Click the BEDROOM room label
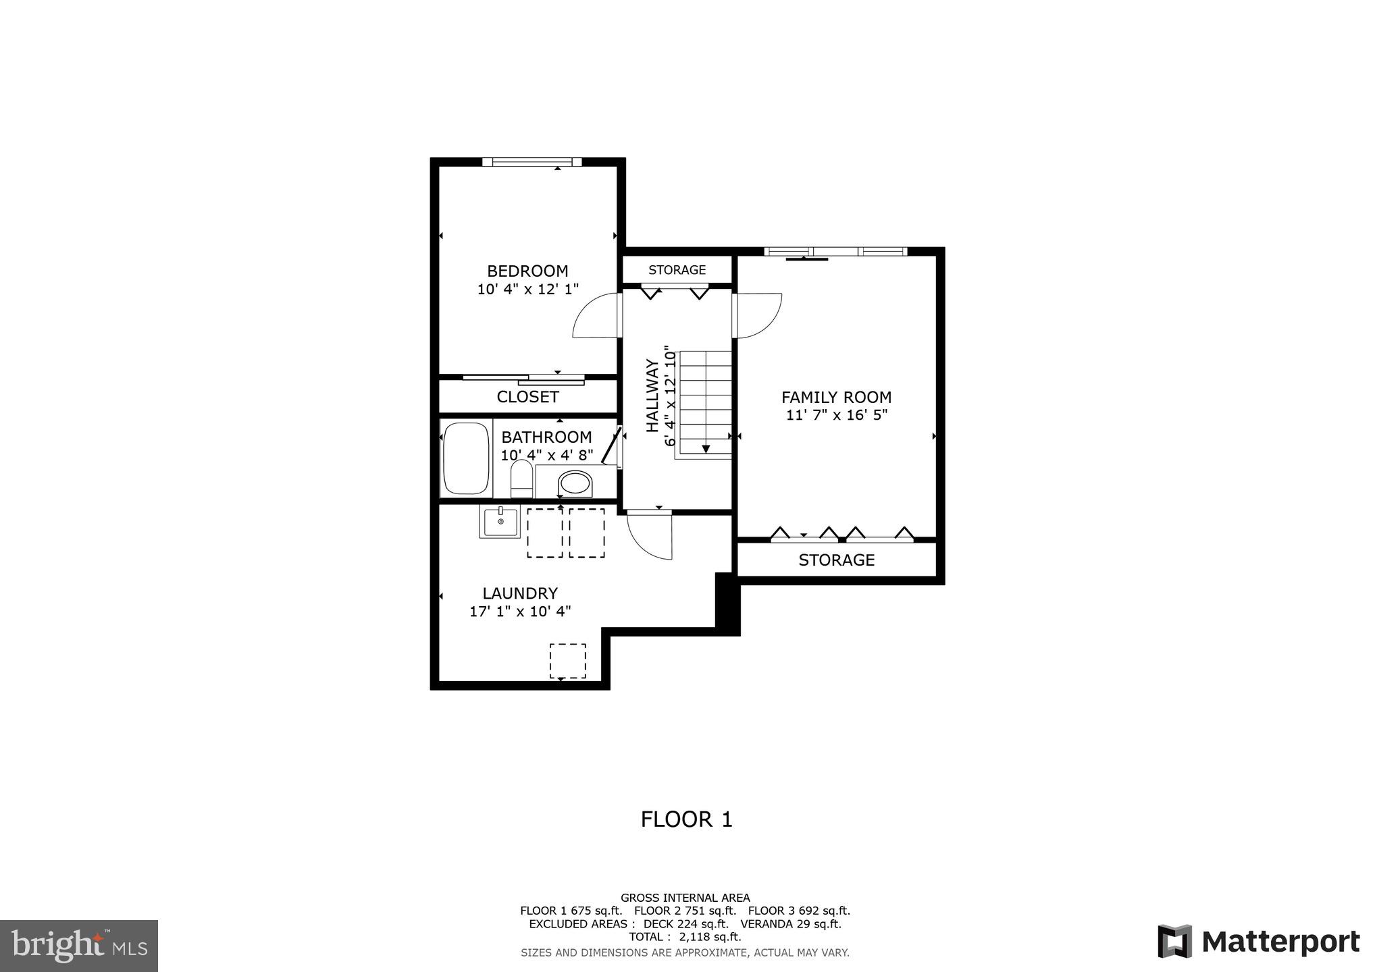click(527, 271)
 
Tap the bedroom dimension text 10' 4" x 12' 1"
click(527, 290)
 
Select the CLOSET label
click(527, 397)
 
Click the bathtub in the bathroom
click(465, 459)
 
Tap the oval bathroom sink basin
click(575, 483)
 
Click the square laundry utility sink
click(500, 522)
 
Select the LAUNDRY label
click(520, 593)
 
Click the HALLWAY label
click(652, 396)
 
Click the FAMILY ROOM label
click(836, 398)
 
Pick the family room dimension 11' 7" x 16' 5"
click(836, 415)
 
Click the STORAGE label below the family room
click(836, 560)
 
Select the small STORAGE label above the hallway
click(677, 270)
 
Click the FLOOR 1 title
click(686, 819)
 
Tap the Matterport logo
click(1259, 942)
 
